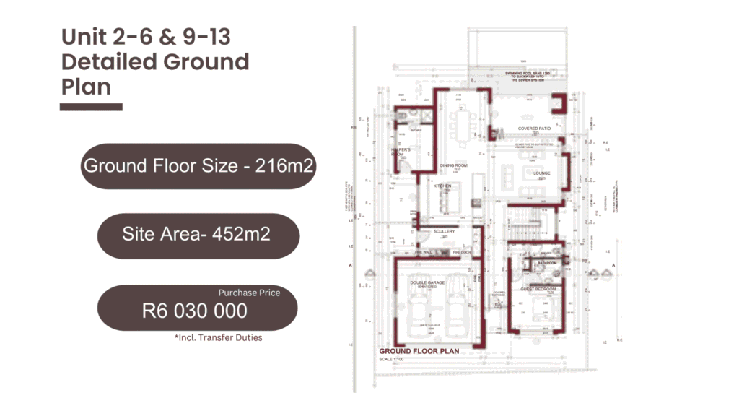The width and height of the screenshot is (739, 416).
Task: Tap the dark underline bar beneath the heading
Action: click(x=91, y=107)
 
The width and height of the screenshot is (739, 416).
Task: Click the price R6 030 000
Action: click(x=195, y=311)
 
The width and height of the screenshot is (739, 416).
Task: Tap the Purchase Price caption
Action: click(x=249, y=292)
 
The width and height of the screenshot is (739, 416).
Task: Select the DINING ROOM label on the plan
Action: click(x=455, y=165)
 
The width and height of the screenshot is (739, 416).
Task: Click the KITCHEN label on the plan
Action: click(x=442, y=186)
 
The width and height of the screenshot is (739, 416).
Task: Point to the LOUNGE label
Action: click(x=542, y=173)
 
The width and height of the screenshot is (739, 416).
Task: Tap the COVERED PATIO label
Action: click(x=534, y=129)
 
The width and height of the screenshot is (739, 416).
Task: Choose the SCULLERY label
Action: click(x=444, y=231)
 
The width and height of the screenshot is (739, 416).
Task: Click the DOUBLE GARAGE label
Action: click(x=427, y=282)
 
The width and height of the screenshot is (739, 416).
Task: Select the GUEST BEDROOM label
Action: click(x=538, y=289)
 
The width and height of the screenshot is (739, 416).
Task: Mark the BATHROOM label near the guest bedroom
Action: click(x=547, y=264)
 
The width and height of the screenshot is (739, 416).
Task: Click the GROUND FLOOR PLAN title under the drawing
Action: click(x=419, y=351)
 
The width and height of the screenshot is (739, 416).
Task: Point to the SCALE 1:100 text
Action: click(x=395, y=360)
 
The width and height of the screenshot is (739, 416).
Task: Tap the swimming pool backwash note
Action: click(x=527, y=77)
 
